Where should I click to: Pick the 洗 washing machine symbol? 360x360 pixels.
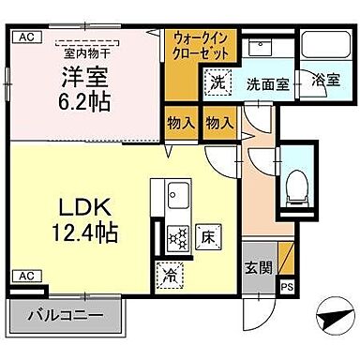217,82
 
